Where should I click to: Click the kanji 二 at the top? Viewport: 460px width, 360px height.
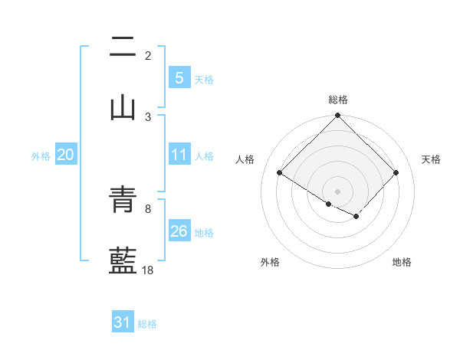[123, 48]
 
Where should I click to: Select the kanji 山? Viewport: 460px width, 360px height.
[123, 108]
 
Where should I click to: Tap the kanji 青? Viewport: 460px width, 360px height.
[123, 201]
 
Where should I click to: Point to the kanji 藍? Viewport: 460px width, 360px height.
[123, 260]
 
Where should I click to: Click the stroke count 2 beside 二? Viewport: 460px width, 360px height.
[148, 56]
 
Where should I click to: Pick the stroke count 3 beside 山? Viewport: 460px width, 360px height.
[148, 116]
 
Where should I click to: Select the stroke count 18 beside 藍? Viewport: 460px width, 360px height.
[148, 270]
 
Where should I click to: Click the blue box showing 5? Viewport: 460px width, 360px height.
[179, 78]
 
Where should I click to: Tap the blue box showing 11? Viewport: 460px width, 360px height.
[179, 155]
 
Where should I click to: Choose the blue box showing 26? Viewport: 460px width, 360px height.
[179, 231]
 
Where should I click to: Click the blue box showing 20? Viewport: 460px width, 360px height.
[65, 155]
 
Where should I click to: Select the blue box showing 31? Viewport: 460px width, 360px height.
[123, 323]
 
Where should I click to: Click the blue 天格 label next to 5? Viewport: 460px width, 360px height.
[204, 80]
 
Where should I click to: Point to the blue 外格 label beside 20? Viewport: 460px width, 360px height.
[41, 156]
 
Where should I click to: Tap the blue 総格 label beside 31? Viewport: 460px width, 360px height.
[147, 324]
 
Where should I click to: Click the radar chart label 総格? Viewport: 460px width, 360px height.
[337, 100]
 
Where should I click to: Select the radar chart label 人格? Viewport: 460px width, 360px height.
[245, 159]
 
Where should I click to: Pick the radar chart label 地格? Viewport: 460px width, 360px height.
[402, 262]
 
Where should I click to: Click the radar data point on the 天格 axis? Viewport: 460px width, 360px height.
[396, 172]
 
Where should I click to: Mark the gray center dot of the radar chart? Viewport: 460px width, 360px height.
[337, 191]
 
